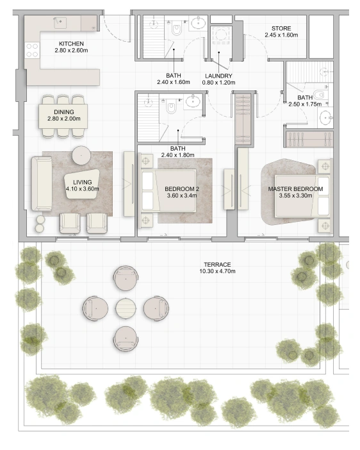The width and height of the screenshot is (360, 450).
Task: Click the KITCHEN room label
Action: pyautogui.click(x=71, y=44)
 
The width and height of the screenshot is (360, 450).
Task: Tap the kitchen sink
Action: pyautogui.click(x=60, y=22)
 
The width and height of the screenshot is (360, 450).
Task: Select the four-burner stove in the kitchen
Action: pyautogui.click(x=32, y=50)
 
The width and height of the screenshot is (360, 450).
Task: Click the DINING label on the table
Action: pyautogui.click(x=63, y=112)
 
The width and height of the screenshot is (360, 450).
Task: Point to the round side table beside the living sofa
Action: pyautogui.click(x=81, y=155)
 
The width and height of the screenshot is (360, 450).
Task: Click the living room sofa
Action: pyautogui.click(x=42, y=184)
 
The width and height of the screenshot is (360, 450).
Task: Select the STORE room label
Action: pyautogui.click(x=281, y=28)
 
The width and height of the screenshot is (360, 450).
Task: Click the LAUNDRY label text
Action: pyautogui.click(x=218, y=76)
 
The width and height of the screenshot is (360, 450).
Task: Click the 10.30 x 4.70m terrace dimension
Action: pyautogui.click(x=217, y=271)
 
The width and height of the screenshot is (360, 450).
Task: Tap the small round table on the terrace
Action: pyautogui.click(x=126, y=308)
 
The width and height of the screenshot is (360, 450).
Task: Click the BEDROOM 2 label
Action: pyautogui.click(x=182, y=189)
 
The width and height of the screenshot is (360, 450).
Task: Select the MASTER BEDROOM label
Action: pyautogui.click(x=295, y=189)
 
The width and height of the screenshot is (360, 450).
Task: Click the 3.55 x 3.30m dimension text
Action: pyautogui.click(x=295, y=196)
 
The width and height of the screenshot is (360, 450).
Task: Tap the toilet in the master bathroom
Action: pyautogui.click(x=319, y=94)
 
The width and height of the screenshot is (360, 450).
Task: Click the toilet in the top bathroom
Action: pyautogui.click(x=177, y=29)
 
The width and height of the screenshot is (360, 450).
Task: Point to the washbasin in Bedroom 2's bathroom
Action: pyautogui.click(x=193, y=101)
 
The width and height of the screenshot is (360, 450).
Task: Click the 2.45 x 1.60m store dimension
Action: pyautogui.click(x=281, y=35)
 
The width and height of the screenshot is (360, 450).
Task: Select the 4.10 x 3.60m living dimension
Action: pyautogui.click(x=83, y=189)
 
